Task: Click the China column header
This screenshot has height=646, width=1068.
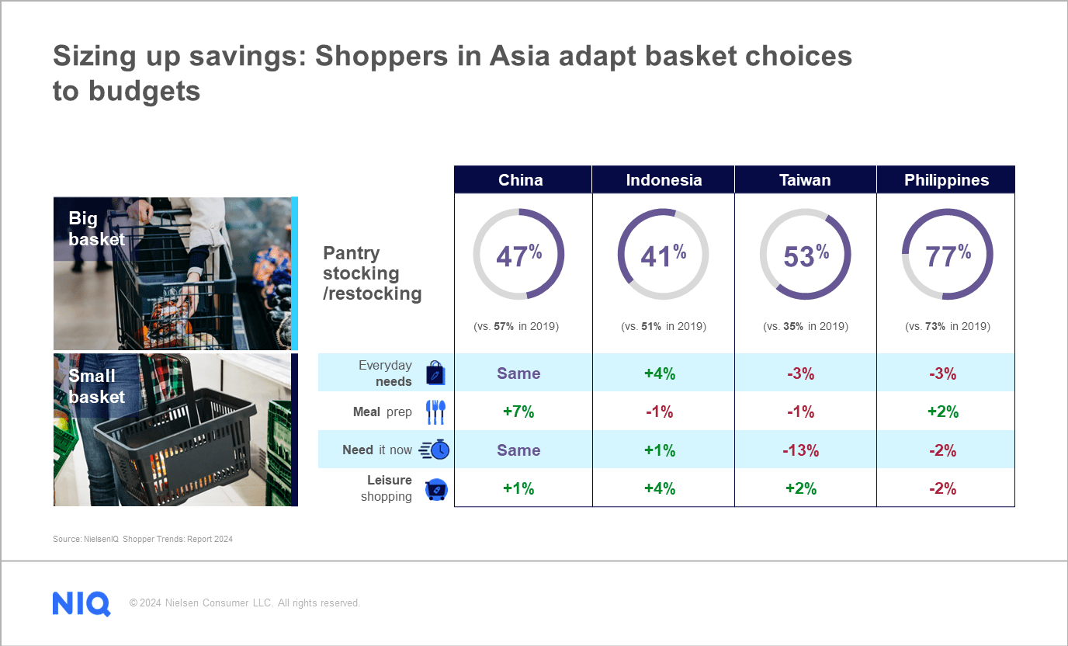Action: pos(521,180)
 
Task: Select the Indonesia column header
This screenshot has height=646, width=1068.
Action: pos(664,180)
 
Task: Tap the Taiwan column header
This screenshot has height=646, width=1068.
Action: pos(805,180)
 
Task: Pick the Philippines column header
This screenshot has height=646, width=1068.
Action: pos(946,180)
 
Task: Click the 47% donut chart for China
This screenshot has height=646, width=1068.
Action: pos(518,255)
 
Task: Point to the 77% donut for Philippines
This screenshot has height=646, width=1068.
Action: pos(947,255)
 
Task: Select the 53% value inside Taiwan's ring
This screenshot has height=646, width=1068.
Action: pos(806,255)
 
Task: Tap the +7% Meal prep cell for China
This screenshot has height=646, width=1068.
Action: pos(518,412)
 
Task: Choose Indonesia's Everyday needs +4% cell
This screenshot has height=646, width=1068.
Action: pos(660,373)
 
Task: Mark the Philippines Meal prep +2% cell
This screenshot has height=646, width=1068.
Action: pos(942,412)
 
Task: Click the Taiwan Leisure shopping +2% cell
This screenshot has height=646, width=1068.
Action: pos(801,488)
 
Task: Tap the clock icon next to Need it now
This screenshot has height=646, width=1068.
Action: pos(435,450)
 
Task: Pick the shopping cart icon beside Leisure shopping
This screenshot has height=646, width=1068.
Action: pos(436,489)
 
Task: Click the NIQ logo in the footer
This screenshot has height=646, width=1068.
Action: pos(81,603)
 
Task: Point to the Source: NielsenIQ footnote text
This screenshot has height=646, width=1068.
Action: pos(143,539)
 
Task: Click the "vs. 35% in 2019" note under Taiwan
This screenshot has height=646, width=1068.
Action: pos(805,327)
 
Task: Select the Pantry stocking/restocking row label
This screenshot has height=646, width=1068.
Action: pos(372,273)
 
